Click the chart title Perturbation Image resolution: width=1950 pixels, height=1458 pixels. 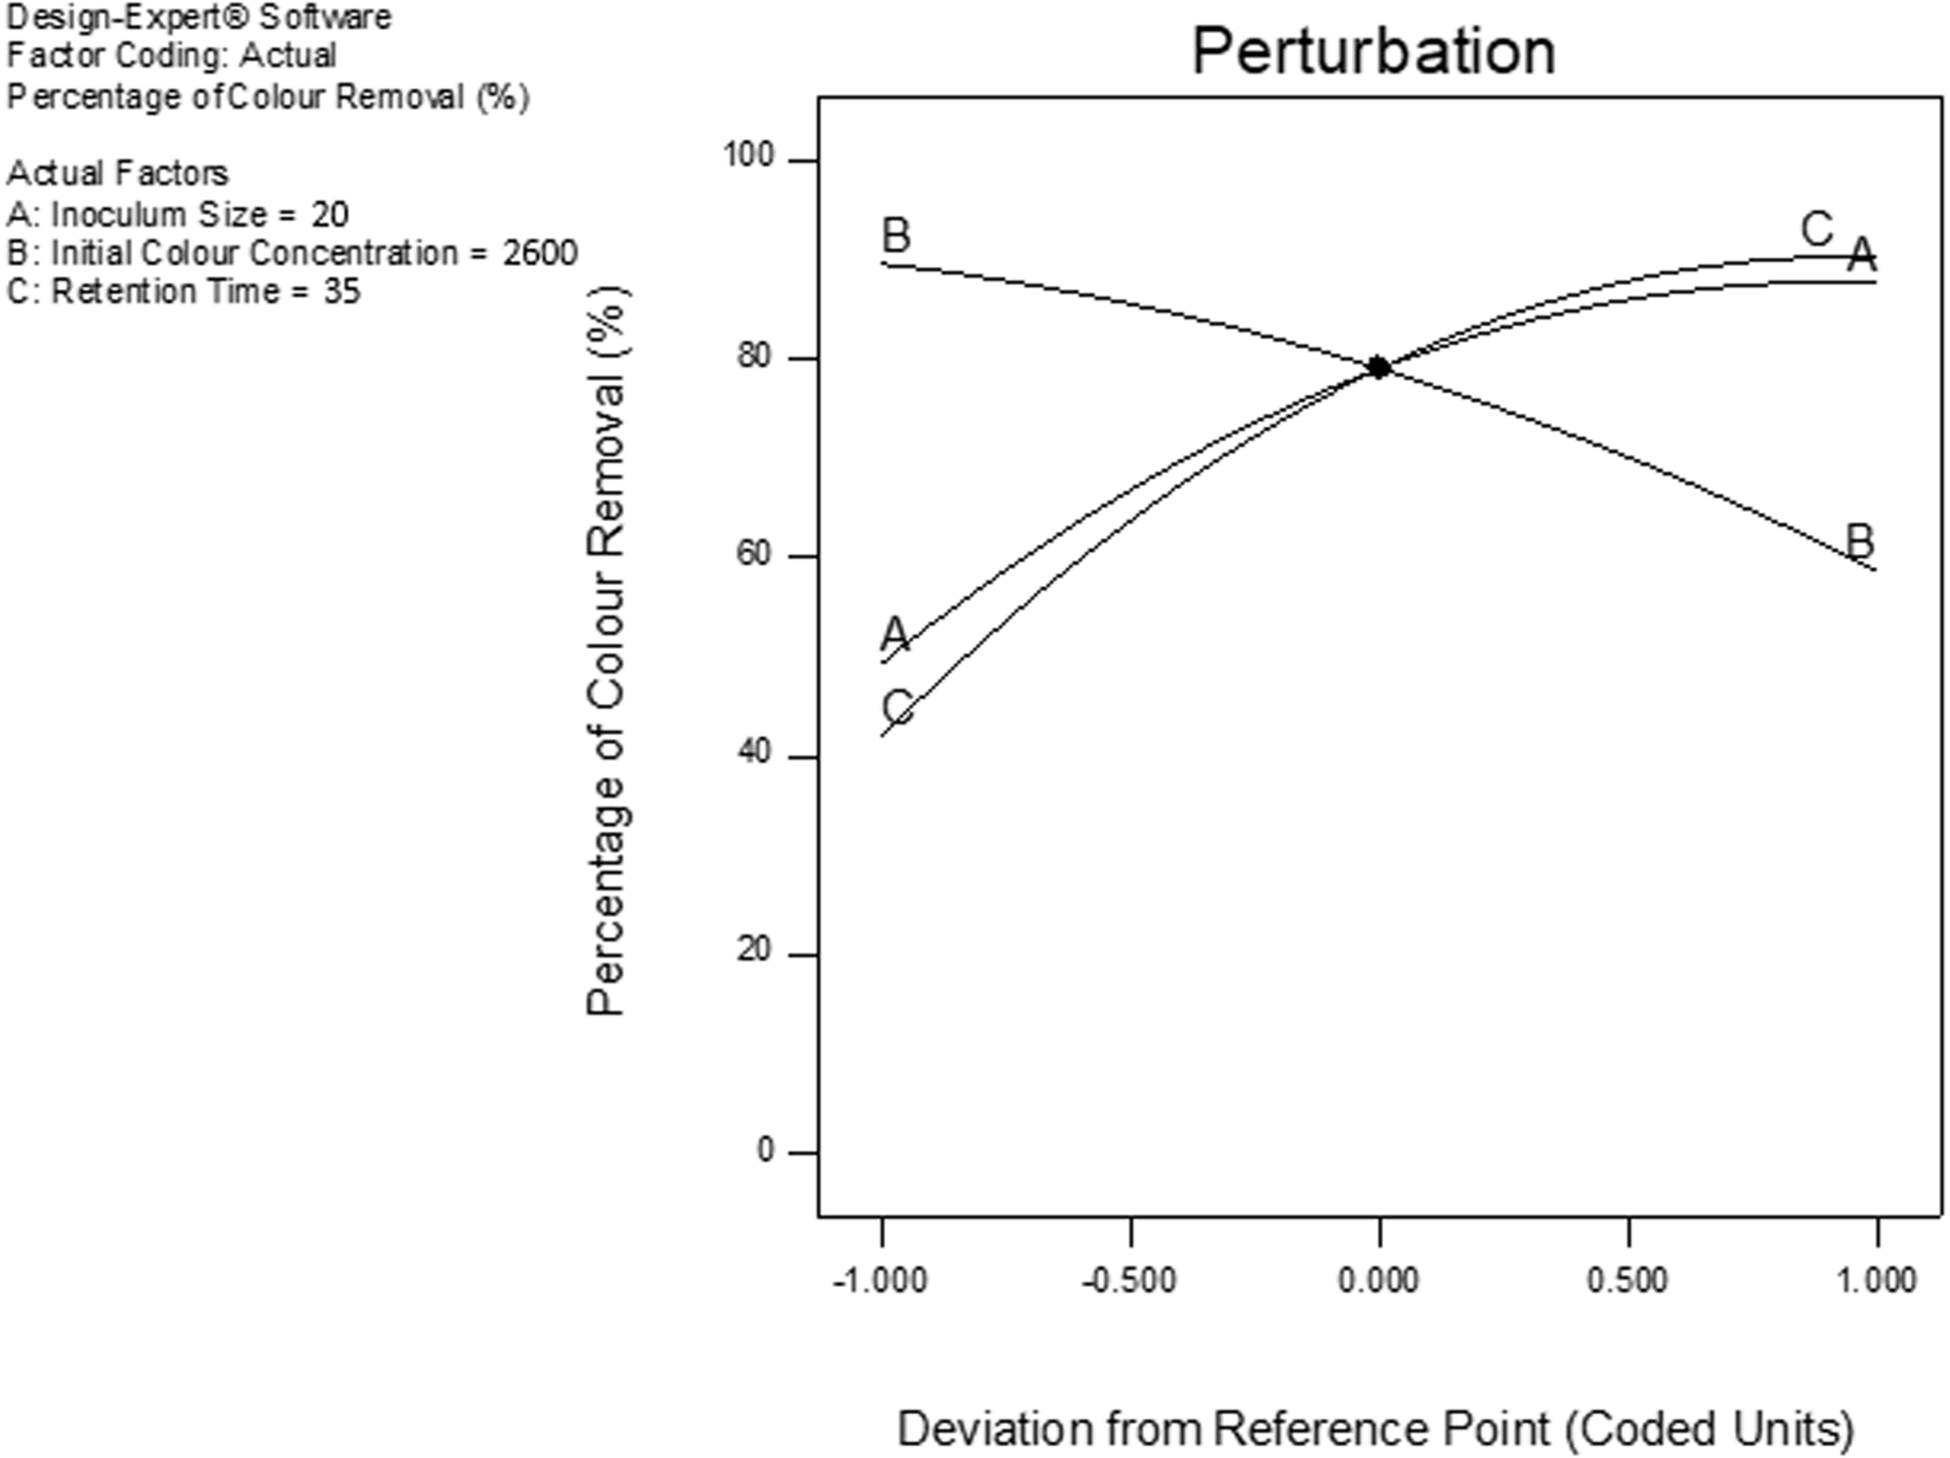(1374, 51)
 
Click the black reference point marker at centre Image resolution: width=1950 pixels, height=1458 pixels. (1379, 367)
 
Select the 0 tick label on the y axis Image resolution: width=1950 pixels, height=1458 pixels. (765, 1151)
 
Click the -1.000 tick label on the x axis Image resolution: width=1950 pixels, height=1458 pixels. (880, 1280)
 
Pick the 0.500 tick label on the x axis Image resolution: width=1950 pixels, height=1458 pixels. (1627, 1280)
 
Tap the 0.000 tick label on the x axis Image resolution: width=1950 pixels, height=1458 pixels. (1379, 1280)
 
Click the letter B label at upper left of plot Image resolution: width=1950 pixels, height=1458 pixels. (895, 236)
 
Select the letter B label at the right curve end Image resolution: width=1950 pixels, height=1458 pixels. (1860, 541)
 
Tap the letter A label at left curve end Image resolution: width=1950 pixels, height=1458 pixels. (895, 633)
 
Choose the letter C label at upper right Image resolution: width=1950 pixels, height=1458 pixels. (1817, 230)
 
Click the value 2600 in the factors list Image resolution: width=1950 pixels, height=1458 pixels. (540, 254)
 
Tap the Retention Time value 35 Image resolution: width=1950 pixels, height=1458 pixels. (341, 292)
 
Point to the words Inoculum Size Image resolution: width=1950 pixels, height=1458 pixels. (158, 215)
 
